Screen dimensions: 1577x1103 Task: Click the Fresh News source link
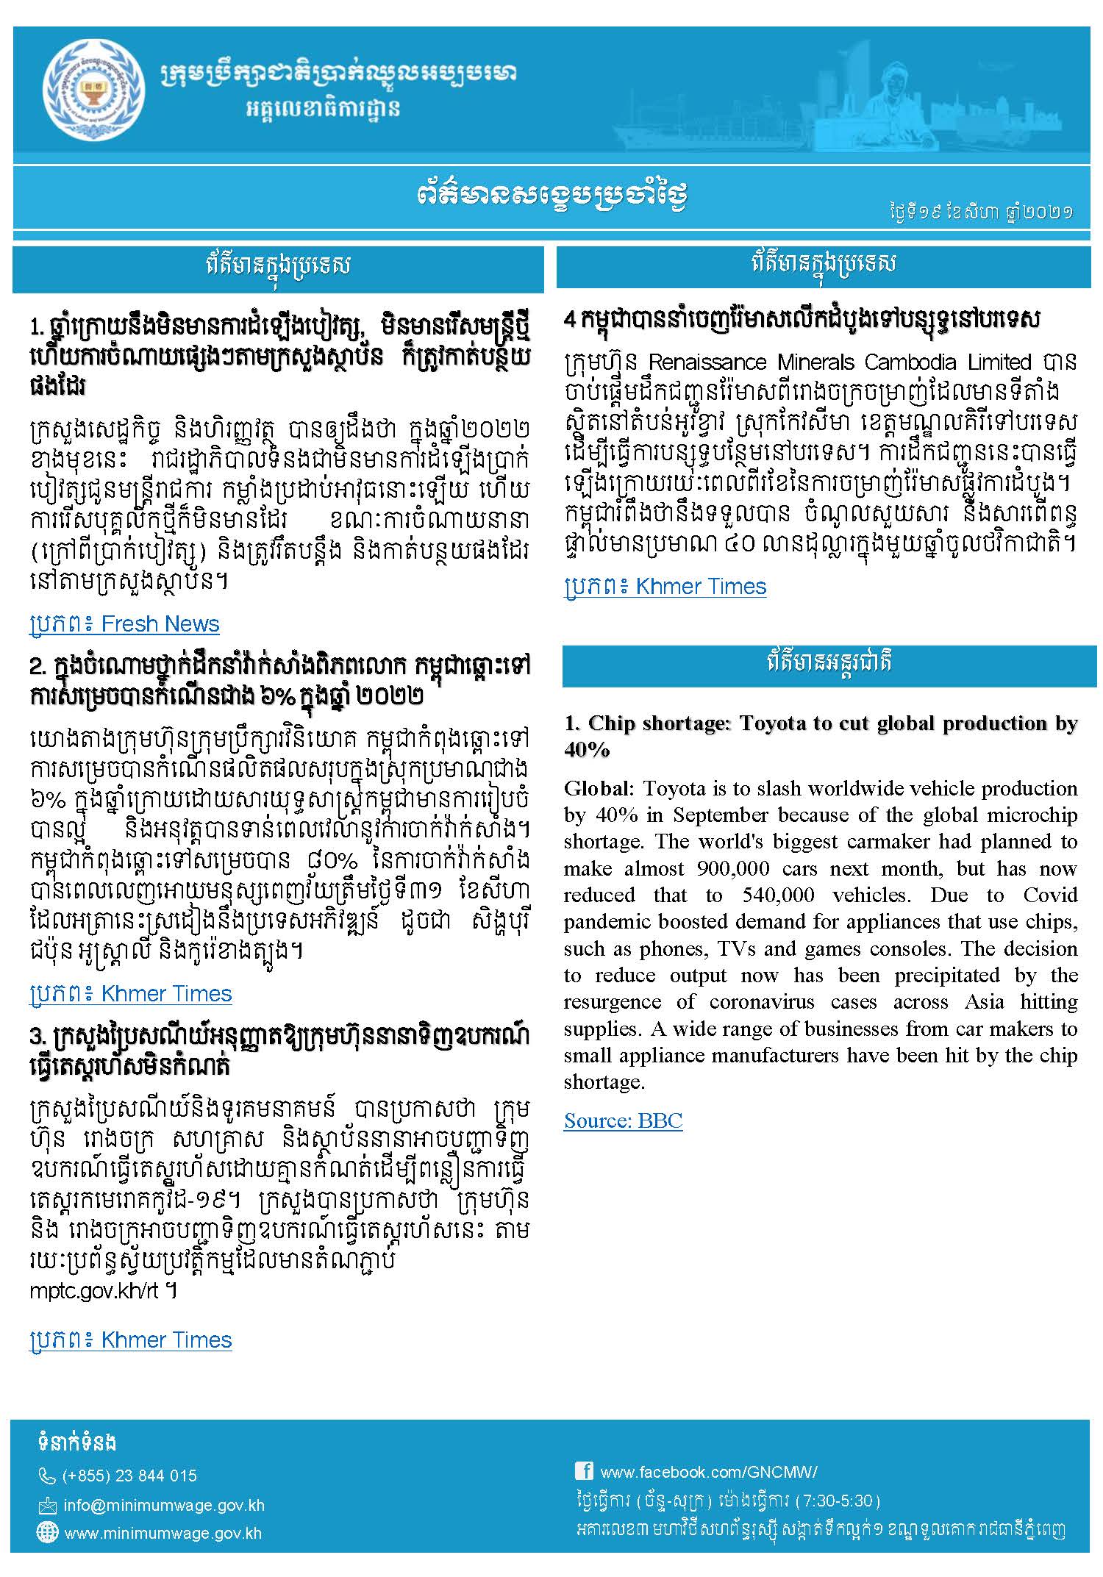124,624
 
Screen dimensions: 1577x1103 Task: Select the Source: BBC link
623,1120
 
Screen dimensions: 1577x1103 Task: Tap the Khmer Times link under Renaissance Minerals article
665,587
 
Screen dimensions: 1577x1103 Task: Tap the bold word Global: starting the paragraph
598,788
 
